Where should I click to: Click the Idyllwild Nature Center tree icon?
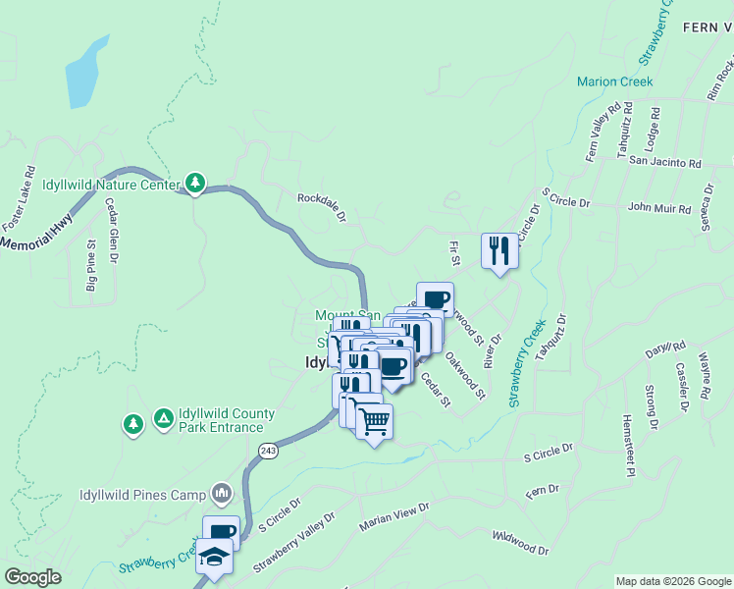[195, 183]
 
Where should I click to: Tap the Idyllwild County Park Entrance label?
[221, 420]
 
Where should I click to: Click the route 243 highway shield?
[268, 450]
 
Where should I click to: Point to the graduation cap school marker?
[214, 557]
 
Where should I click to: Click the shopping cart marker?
[374, 422]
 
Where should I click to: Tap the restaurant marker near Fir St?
[499, 250]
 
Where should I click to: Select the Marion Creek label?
[615, 81]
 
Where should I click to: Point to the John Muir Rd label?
[659, 208]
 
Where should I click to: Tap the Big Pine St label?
[91, 266]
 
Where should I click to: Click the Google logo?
[32, 578]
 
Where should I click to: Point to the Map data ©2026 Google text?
[672, 581]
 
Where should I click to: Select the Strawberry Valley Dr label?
[293, 541]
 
